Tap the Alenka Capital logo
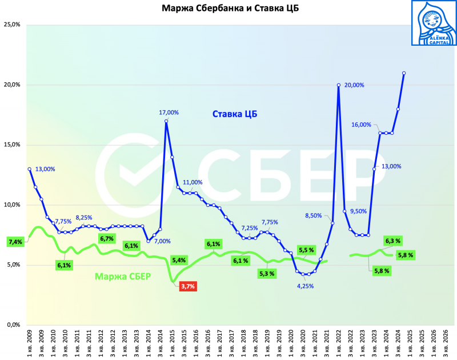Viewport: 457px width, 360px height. coord(434,23)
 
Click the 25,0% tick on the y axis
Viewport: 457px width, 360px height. coord(12,25)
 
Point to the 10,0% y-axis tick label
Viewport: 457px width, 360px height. coord(12,205)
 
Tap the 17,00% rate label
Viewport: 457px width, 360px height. coord(169,113)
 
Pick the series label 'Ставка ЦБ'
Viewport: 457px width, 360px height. coord(235,114)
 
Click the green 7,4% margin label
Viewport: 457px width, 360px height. coord(15,242)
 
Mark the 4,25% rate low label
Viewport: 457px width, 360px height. coord(306,286)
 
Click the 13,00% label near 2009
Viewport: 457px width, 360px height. coord(45,169)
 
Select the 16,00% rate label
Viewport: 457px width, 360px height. coord(361,125)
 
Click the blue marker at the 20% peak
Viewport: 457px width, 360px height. coord(339,85)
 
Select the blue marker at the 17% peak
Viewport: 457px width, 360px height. coord(166,121)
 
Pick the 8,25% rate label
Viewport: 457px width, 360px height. coord(85,218)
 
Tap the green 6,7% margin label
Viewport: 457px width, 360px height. coord(106,238)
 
